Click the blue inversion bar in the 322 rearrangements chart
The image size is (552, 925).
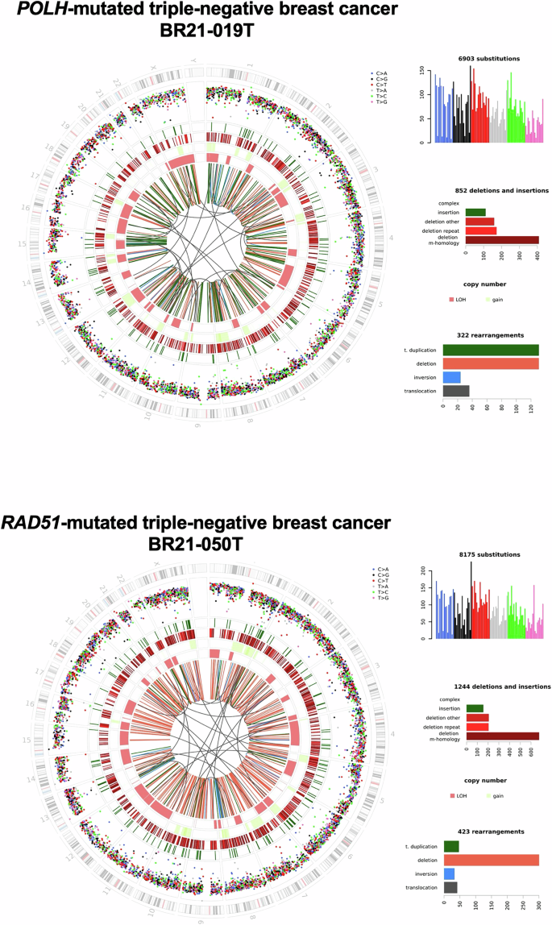click(452, 377)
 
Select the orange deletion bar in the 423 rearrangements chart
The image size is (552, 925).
click(491, 860)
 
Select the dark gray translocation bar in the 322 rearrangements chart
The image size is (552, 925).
click(456, 391)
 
